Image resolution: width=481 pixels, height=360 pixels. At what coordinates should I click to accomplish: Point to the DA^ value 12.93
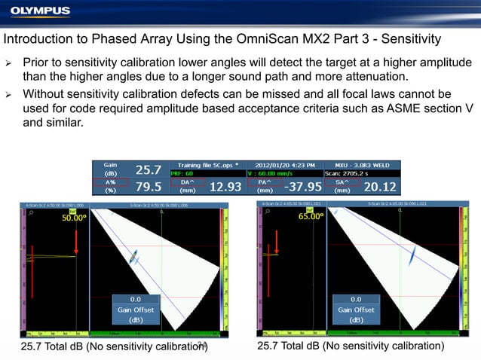pos(225,186)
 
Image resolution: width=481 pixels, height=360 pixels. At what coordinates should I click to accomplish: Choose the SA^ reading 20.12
pos(380,186)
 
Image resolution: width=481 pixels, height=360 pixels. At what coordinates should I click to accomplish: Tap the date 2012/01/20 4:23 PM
pos(285,164)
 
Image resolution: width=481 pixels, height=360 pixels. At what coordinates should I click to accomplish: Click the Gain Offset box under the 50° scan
pos(136,309)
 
